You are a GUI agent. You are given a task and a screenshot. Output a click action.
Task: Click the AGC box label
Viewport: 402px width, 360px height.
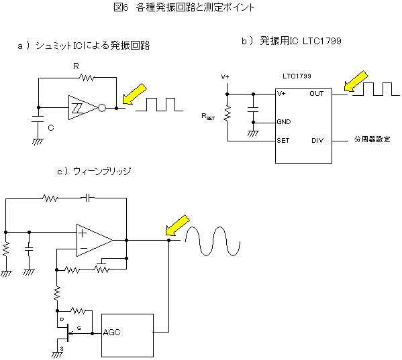111,333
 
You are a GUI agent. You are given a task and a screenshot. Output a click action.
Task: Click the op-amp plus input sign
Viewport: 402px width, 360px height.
83,233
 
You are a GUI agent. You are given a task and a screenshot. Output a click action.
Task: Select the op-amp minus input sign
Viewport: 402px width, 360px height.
84,248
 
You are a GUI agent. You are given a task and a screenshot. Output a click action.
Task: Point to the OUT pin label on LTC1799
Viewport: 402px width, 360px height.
317,94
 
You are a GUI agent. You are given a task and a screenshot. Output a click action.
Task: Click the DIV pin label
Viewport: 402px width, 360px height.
317,141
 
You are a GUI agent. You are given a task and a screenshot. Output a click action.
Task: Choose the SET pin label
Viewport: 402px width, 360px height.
283,141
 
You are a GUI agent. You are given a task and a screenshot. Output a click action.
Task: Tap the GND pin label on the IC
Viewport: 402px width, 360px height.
284,122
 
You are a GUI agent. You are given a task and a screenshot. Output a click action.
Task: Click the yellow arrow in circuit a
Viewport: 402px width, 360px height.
134,94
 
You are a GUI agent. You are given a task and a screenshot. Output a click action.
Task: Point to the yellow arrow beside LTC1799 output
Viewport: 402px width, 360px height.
356,81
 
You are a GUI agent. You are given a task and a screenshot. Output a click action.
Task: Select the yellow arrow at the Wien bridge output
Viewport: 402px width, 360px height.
178,225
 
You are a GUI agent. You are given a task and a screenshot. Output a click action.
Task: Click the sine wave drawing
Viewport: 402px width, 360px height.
213,241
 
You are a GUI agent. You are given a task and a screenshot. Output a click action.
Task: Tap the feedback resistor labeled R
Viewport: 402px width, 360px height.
87,77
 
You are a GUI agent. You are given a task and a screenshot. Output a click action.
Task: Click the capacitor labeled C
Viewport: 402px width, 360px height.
38,119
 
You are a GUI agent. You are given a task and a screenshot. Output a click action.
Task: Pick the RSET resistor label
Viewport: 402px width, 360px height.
208,117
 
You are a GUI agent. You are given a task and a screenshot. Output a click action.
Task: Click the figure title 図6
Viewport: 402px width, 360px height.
121,7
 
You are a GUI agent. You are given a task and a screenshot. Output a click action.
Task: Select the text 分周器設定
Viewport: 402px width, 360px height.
372,139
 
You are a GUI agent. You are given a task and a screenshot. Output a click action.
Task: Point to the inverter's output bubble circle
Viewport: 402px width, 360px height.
102,108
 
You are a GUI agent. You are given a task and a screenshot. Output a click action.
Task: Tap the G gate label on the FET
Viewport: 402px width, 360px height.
79,328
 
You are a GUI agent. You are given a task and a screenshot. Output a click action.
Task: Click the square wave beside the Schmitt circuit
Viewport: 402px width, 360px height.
159,105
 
